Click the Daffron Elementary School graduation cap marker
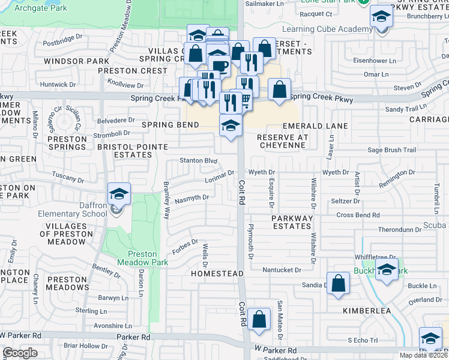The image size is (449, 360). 119,194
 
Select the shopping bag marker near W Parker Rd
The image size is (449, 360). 259,320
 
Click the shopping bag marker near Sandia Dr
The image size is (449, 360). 339,284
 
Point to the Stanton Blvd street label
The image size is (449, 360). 198,160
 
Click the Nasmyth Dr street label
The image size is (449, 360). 193,197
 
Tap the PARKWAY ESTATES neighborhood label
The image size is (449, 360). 291,222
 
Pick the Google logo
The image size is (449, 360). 20,353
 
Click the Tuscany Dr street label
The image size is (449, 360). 68,178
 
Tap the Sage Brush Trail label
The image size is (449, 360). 391,150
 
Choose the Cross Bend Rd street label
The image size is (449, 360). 358,215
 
